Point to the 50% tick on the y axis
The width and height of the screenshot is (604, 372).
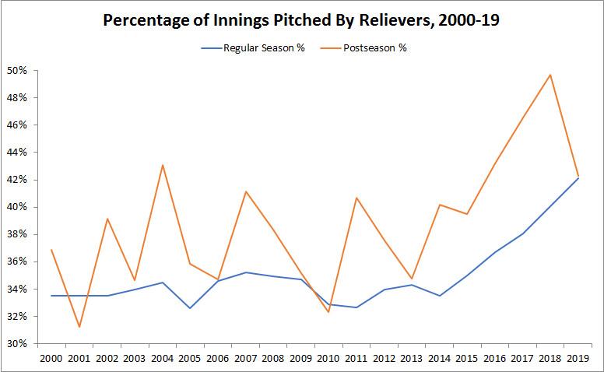[x=17, y=71]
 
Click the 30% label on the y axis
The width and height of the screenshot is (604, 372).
[x=17, y=344]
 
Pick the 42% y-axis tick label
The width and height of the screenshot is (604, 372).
[x=17, y=180]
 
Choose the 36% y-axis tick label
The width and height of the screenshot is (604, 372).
[x=17, y=261]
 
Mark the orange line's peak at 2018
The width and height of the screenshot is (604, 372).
[x=550, y=75]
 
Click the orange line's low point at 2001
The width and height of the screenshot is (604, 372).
[x=79, y=327]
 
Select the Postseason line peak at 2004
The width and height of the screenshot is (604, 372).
[x=162, y=165]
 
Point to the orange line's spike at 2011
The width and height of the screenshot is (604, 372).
[x=356, y=198]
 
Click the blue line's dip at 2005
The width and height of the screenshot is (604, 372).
[x=190, y=308]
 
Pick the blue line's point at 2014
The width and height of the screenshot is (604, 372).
[x=439, y=296]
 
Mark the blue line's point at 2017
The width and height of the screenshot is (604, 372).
[x=522, y=233]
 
